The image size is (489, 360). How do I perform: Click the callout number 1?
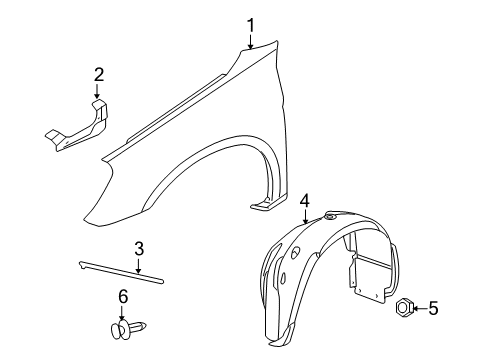[252, 25]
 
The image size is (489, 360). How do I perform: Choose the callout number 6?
[123, 297]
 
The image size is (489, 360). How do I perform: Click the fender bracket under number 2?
[80, 126]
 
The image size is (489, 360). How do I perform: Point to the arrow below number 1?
[252, 41]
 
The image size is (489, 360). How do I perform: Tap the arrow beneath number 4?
[304, 214]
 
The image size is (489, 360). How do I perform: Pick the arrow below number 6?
[123, 311]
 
